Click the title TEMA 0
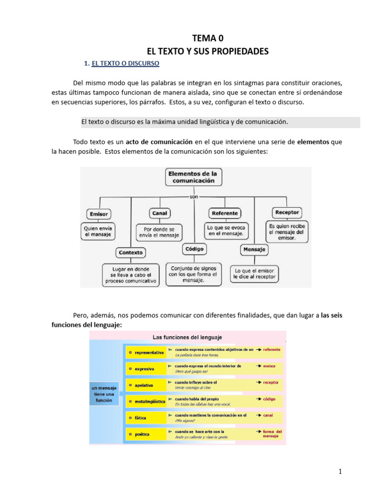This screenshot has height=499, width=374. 208,38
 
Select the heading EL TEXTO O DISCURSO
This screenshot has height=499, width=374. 122,63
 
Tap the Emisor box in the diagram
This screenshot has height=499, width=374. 99,214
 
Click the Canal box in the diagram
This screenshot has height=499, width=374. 160,213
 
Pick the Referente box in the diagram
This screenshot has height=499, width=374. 225,213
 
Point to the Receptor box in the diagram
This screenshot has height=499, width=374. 287,212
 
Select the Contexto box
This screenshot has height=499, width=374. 131,252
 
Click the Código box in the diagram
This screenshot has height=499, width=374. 194,249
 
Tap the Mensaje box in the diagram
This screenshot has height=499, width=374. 254,249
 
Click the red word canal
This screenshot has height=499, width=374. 268,415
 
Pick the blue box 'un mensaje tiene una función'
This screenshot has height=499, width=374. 104,394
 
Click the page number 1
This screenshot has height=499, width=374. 340,472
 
